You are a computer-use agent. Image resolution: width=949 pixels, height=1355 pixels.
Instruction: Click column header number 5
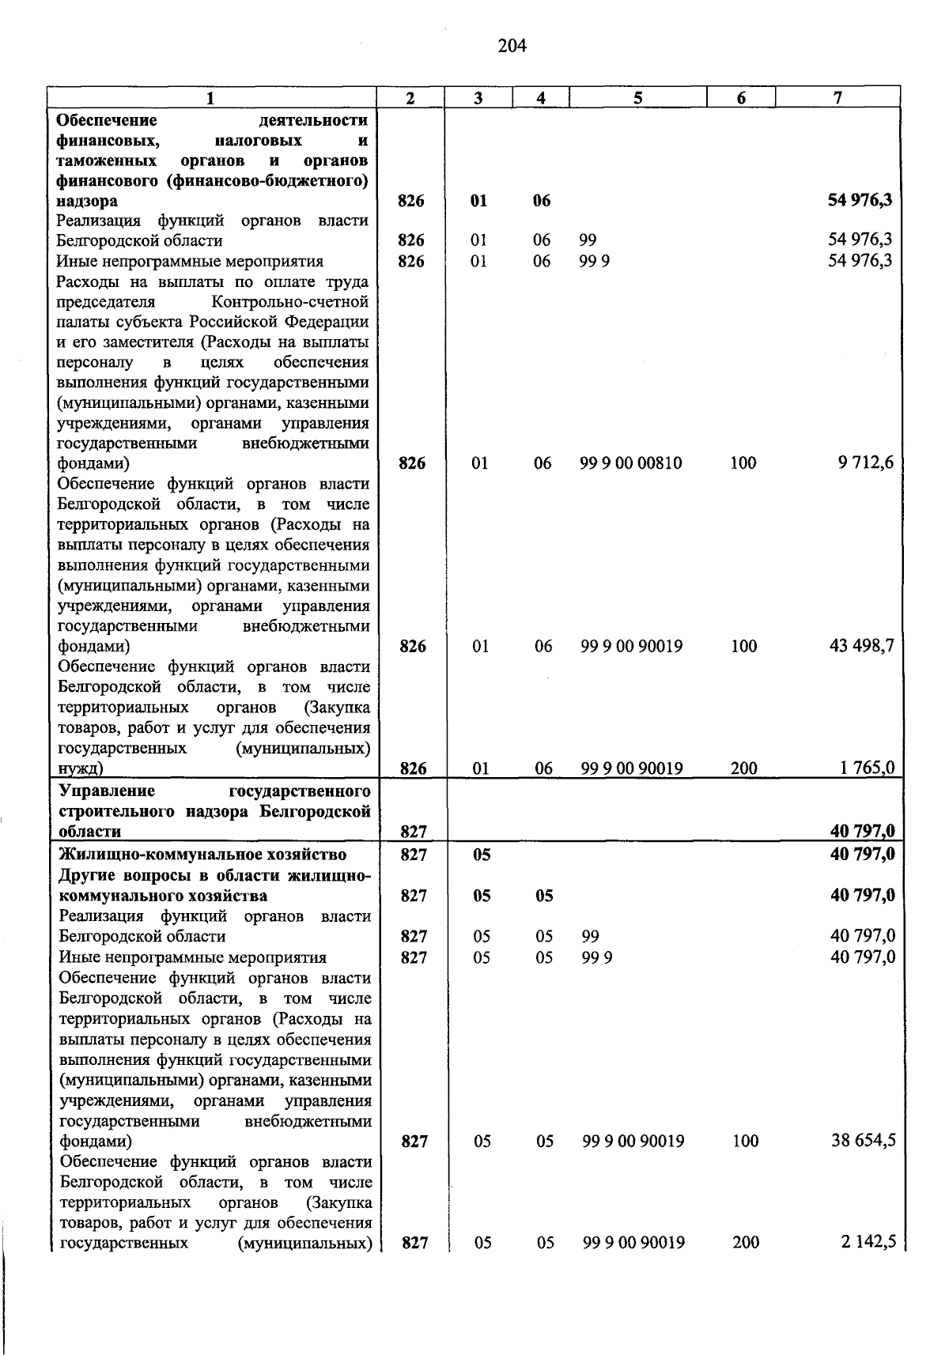637,97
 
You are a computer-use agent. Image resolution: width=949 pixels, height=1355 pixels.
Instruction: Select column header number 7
837,97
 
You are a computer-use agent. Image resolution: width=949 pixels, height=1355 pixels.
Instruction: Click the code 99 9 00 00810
630,463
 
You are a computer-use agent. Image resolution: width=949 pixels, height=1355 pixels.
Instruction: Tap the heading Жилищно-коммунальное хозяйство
203,855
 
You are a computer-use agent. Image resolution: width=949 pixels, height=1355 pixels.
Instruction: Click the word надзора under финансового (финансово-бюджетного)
87,201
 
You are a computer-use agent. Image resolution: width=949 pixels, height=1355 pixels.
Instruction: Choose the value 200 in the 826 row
743,768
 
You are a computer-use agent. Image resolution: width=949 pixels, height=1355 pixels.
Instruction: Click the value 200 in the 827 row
746,1243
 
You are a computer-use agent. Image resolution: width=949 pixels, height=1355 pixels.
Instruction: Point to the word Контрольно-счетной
289,302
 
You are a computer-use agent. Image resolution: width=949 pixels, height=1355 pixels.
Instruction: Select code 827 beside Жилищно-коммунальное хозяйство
414,855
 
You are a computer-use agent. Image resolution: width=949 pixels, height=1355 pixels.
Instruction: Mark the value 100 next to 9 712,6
743,463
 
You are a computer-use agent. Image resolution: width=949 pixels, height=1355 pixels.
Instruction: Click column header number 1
210,98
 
